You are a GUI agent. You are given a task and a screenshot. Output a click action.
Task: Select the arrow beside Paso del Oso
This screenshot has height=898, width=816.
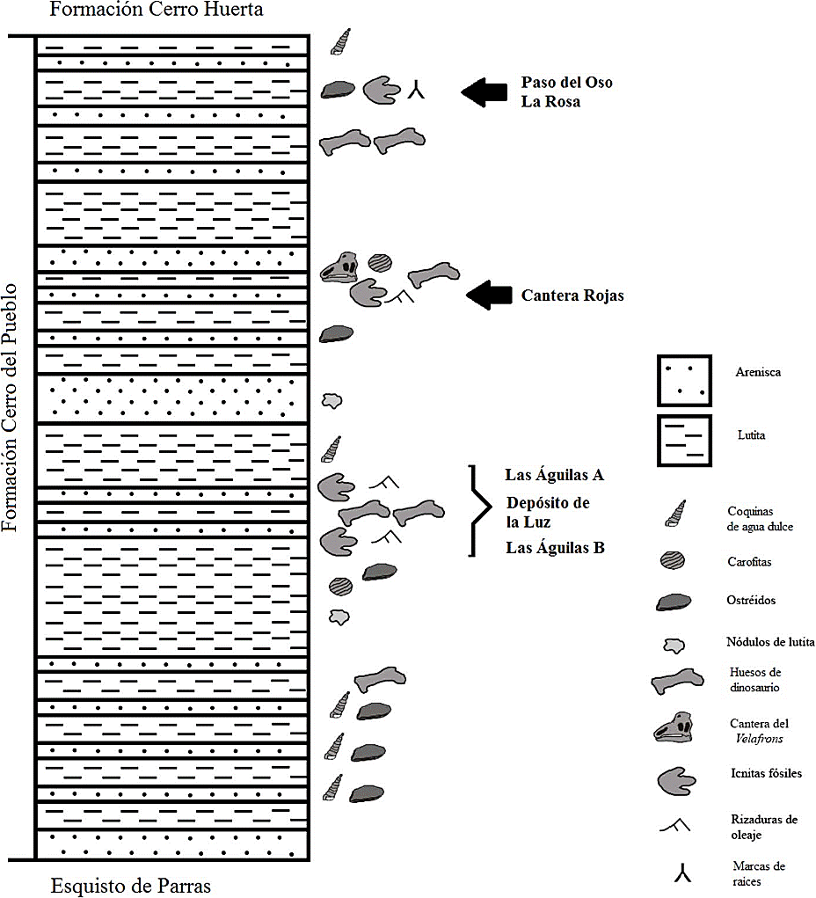coord(484,91)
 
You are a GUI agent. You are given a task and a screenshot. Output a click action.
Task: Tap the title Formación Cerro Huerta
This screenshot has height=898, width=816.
coord(157,11)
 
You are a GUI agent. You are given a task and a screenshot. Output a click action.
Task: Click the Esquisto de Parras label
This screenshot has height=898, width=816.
coord(131,885)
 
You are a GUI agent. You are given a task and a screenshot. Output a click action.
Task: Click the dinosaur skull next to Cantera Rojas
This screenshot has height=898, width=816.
coord(339,266)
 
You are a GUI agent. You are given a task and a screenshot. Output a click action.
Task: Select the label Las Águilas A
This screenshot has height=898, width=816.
coord(554,475)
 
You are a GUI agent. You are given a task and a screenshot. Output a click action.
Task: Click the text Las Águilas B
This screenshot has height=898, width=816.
coord(554,548)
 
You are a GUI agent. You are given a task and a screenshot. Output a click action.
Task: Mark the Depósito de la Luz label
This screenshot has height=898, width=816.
coord(546,512)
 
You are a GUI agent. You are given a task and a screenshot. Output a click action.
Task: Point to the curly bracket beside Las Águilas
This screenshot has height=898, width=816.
coord(480,510)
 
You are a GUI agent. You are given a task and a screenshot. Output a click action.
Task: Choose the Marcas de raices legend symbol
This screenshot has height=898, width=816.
coord(681,872)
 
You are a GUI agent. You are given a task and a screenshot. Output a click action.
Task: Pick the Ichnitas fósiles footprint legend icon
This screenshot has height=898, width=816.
coord(675,779)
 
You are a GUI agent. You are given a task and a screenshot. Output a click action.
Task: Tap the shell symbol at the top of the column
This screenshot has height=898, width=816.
coord(341,40)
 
